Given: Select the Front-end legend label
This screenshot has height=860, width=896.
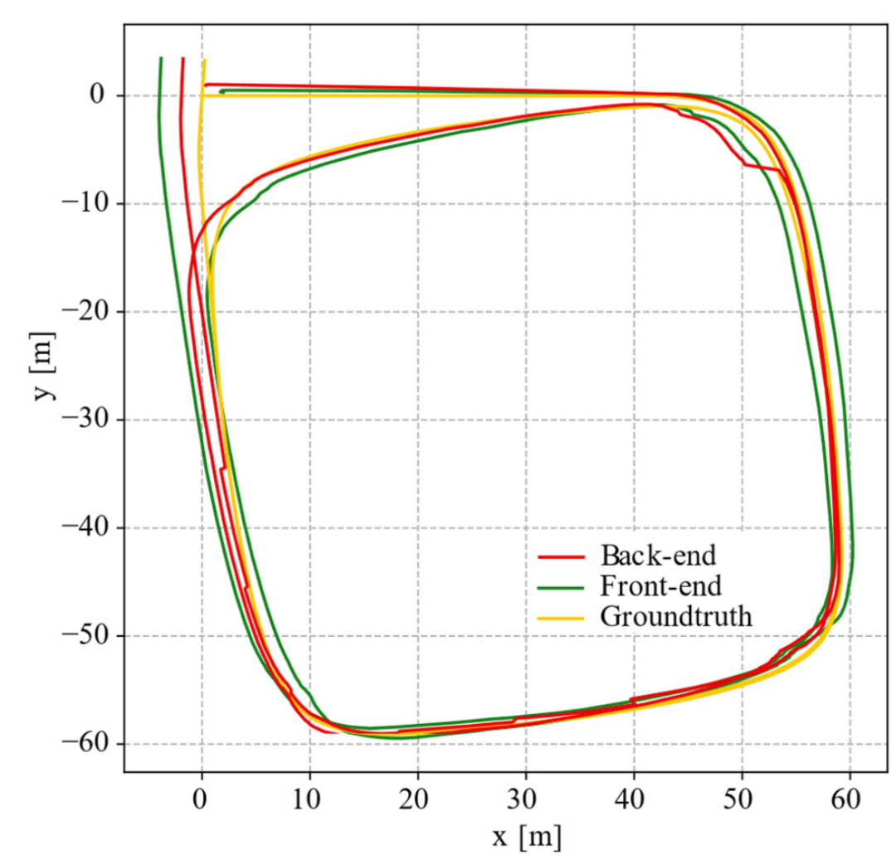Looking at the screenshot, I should [659, 585].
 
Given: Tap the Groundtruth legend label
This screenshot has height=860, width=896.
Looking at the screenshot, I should [675, 617].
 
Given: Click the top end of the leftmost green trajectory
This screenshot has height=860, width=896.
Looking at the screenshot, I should [160, 58].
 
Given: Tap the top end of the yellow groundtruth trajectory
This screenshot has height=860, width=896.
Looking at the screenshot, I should [204, 61].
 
